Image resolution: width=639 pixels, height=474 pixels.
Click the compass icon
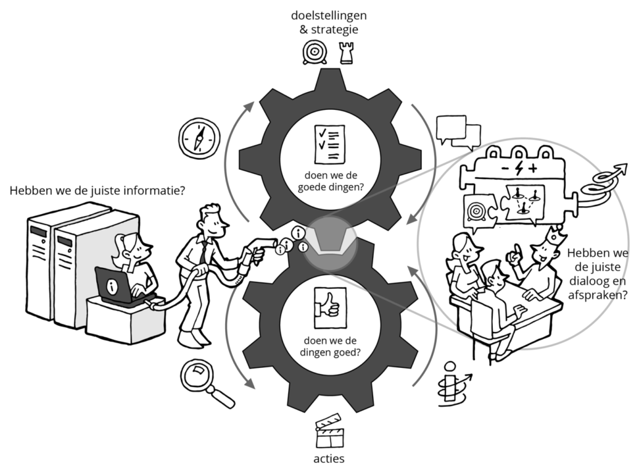[197, 138]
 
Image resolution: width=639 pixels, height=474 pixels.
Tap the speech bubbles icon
[458, 131]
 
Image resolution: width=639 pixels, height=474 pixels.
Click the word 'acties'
[329, 458]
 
